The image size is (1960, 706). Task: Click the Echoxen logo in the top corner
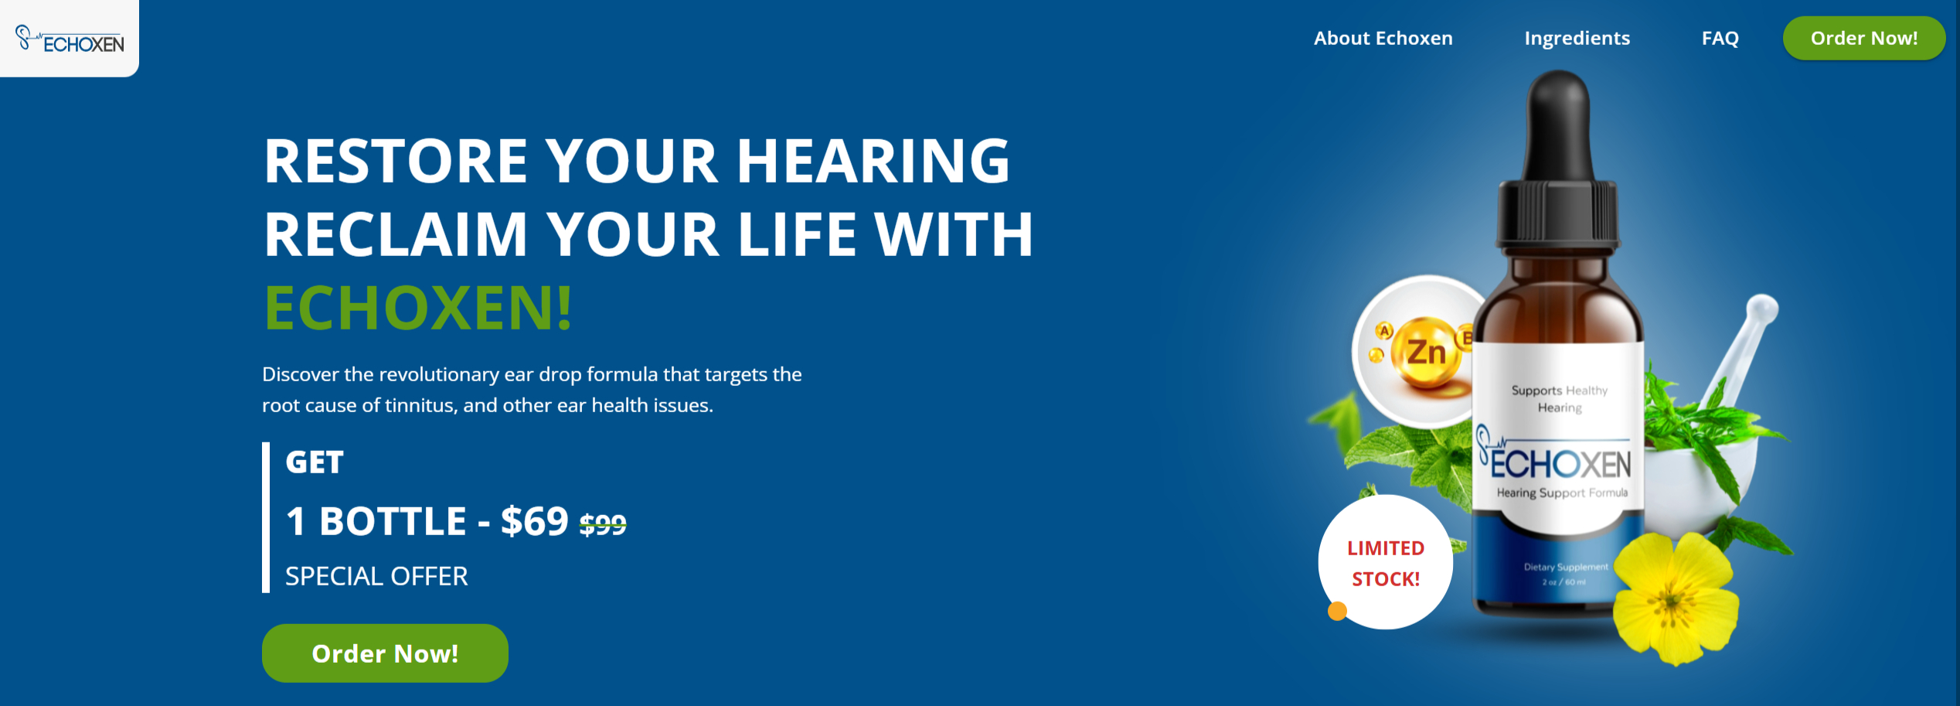tap(70, 39)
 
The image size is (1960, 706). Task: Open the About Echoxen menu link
tap(1383, 38)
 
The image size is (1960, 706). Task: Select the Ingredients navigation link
tap(1577, 39)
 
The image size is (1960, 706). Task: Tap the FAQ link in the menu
tap(1720, 39)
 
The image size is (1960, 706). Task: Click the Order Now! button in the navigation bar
tap(1864, 38)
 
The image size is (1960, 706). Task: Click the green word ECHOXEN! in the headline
tap(418, 308)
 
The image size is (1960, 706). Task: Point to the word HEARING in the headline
tap(873, 161)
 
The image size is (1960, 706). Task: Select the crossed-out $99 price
tap(603, 525)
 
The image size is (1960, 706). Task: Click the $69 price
tap(535, 521)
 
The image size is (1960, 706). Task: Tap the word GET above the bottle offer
tap(315, 462)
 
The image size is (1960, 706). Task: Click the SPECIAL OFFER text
tap(376, 576)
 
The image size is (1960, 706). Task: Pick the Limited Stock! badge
tap(1386, 562)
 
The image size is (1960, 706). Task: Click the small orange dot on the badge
tap(1337, 612)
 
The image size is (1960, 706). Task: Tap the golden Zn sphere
tap(1427, 353)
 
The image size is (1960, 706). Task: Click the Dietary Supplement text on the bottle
tap(1566, 567)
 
